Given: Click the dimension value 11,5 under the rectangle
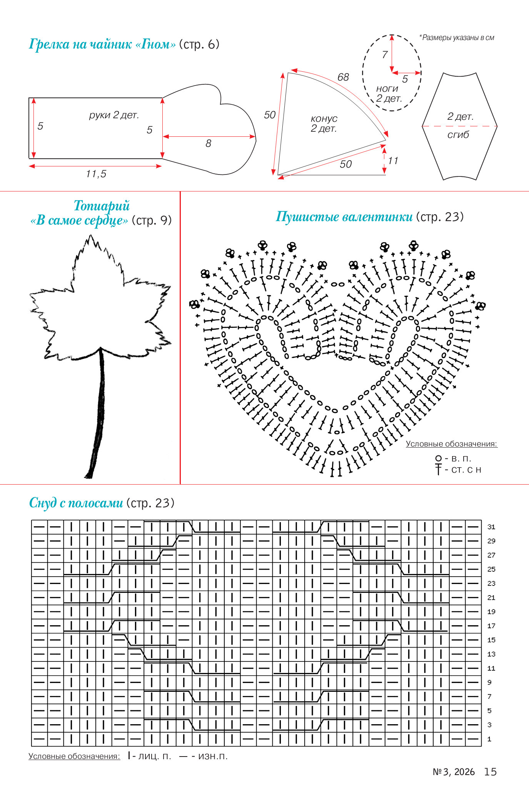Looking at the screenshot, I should [x=96, y=174].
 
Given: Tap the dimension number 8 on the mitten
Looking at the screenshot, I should [x=208, y=144].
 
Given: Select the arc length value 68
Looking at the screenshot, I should [x=343, y=77].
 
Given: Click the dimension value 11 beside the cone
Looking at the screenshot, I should [x=393, y=161].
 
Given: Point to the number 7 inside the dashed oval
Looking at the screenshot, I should [x=384, y=55].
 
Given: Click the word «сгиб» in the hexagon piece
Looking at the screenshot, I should [x=458, y=135].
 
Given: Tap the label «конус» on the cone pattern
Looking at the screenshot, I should [x=324, y=119].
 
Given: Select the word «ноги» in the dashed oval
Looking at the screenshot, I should [x=387, y=89].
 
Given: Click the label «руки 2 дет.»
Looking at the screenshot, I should [x=114, y=115].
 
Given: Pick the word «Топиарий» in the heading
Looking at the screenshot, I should [x=102, y=206].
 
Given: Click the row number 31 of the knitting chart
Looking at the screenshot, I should [x=491, y=527].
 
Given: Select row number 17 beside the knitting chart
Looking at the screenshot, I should [x=491, y=626].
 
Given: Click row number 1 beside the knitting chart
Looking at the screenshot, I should [x=489, y=739].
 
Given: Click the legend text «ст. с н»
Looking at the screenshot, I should [x=466, y=470].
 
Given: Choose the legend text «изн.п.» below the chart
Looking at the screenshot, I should [x=213, y=756].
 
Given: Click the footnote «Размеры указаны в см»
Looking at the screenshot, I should [x=458, y=38].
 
